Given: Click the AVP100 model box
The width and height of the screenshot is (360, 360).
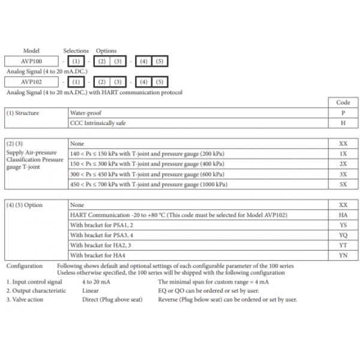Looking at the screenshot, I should (31, 61).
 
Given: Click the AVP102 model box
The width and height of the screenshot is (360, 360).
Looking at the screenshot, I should (31, 82).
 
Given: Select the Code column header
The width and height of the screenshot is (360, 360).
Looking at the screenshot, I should (343, 103).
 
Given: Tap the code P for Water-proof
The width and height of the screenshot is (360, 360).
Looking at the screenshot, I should (343, 112).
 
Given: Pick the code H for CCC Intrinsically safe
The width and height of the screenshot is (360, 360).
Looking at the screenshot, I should (343, 122).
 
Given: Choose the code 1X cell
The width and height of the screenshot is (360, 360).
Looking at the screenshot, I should (343, 154).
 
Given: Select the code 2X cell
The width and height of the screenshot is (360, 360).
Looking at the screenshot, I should (343, 164).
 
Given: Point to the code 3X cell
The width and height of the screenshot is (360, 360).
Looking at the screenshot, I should (343, 174).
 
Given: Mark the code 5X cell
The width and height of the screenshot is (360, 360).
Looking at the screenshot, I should (343, 184).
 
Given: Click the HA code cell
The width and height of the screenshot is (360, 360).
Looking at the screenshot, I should (343, 215).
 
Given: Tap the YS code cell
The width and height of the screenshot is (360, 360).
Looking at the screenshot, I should (343, 225).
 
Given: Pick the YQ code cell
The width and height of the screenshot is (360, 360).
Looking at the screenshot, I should (343, 235).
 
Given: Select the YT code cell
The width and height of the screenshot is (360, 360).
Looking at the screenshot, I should (343, 245).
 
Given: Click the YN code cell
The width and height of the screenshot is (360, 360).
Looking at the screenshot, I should (343, 255).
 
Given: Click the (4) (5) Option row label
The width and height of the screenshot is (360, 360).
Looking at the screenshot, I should (25, 205).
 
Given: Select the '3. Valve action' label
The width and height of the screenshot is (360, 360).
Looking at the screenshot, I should (25, 299).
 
